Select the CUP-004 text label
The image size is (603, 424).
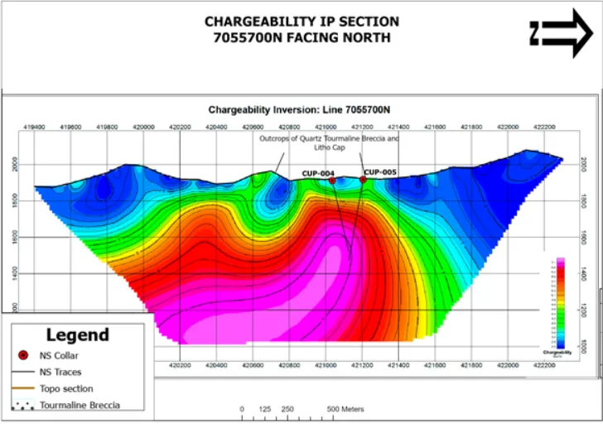(318, 173)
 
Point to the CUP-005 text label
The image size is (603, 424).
(381, 172)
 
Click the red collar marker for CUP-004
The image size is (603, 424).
(332, 180)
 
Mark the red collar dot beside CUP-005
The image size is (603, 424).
(363, 180)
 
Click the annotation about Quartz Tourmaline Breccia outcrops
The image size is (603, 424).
(329, 143)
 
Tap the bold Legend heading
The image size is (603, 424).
(77, 335)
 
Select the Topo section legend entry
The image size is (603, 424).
(66, 388)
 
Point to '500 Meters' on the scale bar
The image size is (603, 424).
(345, 409)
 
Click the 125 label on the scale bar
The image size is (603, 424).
(265, 409)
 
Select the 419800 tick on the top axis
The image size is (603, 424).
(108, 127)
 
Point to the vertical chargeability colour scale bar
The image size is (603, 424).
(560, 303)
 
